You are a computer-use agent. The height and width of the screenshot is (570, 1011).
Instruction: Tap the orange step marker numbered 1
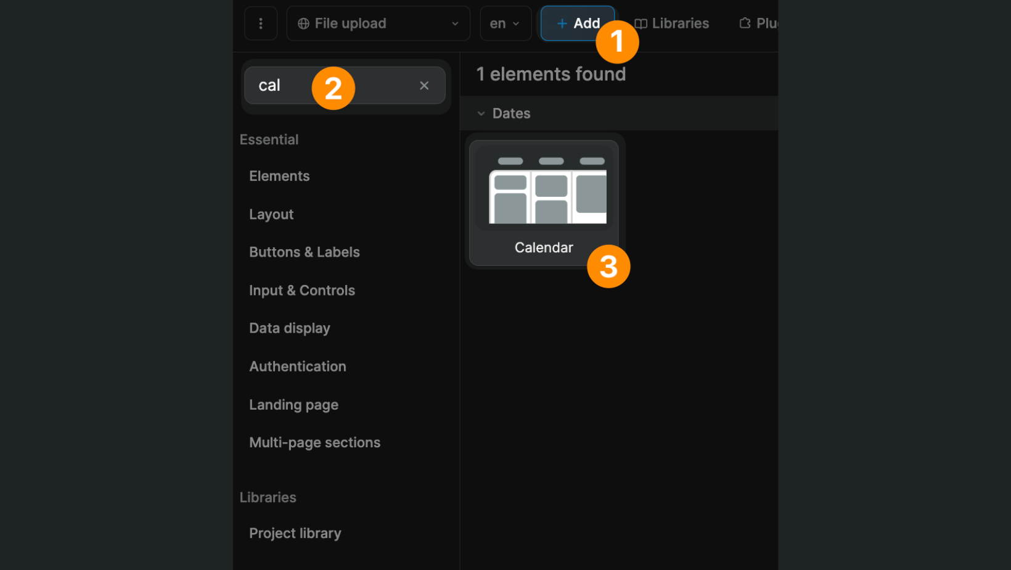(617, 42)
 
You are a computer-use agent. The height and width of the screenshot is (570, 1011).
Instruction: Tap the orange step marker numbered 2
(333, 88)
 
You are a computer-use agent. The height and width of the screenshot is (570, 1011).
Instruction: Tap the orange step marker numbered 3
(608, 266)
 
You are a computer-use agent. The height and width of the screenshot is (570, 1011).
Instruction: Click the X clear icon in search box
(424, 86)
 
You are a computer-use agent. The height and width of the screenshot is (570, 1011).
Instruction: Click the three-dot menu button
(261, 23)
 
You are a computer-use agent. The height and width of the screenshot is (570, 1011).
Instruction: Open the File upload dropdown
(378, 23)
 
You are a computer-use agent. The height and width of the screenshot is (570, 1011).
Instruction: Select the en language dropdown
(505, 23)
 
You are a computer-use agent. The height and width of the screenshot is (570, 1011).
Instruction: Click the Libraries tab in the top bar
(673, 23)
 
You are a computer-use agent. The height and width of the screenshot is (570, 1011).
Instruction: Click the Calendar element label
(544, 247)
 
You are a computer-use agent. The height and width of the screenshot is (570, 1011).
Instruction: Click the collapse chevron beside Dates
(481, 114)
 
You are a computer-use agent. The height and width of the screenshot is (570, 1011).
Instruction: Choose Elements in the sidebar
(279, 176)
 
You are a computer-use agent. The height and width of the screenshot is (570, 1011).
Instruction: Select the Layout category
(271, 214)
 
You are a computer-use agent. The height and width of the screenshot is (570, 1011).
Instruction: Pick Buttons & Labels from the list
(304, 252)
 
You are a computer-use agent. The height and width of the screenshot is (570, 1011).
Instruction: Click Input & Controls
(301, 291)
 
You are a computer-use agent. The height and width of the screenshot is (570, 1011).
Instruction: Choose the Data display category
(289, 328)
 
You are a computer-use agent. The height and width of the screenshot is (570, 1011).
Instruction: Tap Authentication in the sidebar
(297, 366)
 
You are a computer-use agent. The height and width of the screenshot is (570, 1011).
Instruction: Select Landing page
(293, 405)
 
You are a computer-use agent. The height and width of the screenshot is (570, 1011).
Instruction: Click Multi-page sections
(314, 443)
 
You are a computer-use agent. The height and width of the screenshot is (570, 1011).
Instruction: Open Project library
(295, 533)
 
